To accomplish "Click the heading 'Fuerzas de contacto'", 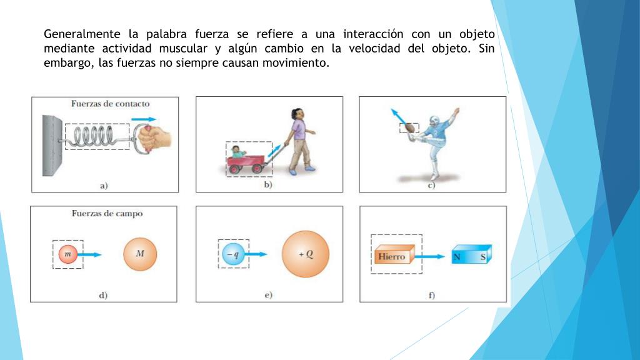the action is [x=110, y=104].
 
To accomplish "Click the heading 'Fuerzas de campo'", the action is [x=107, y=214].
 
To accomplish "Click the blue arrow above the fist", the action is [x=144, y=119].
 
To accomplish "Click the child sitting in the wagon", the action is [x=237, y=151].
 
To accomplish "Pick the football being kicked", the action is [x=410, y=128].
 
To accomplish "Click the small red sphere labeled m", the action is [x=67, y=254].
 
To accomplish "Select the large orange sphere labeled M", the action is [x=140, y=254].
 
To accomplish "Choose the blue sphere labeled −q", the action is [x=233, y=254].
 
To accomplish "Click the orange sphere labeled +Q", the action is [x=305, y=254].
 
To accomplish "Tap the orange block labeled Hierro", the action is [x=394, y=254].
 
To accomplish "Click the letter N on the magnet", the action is [x=457, y=257].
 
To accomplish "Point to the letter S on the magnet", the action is [x=483, y=257].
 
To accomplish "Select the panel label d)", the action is [x=103, y=295].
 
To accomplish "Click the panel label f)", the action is [x=432, y=295].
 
